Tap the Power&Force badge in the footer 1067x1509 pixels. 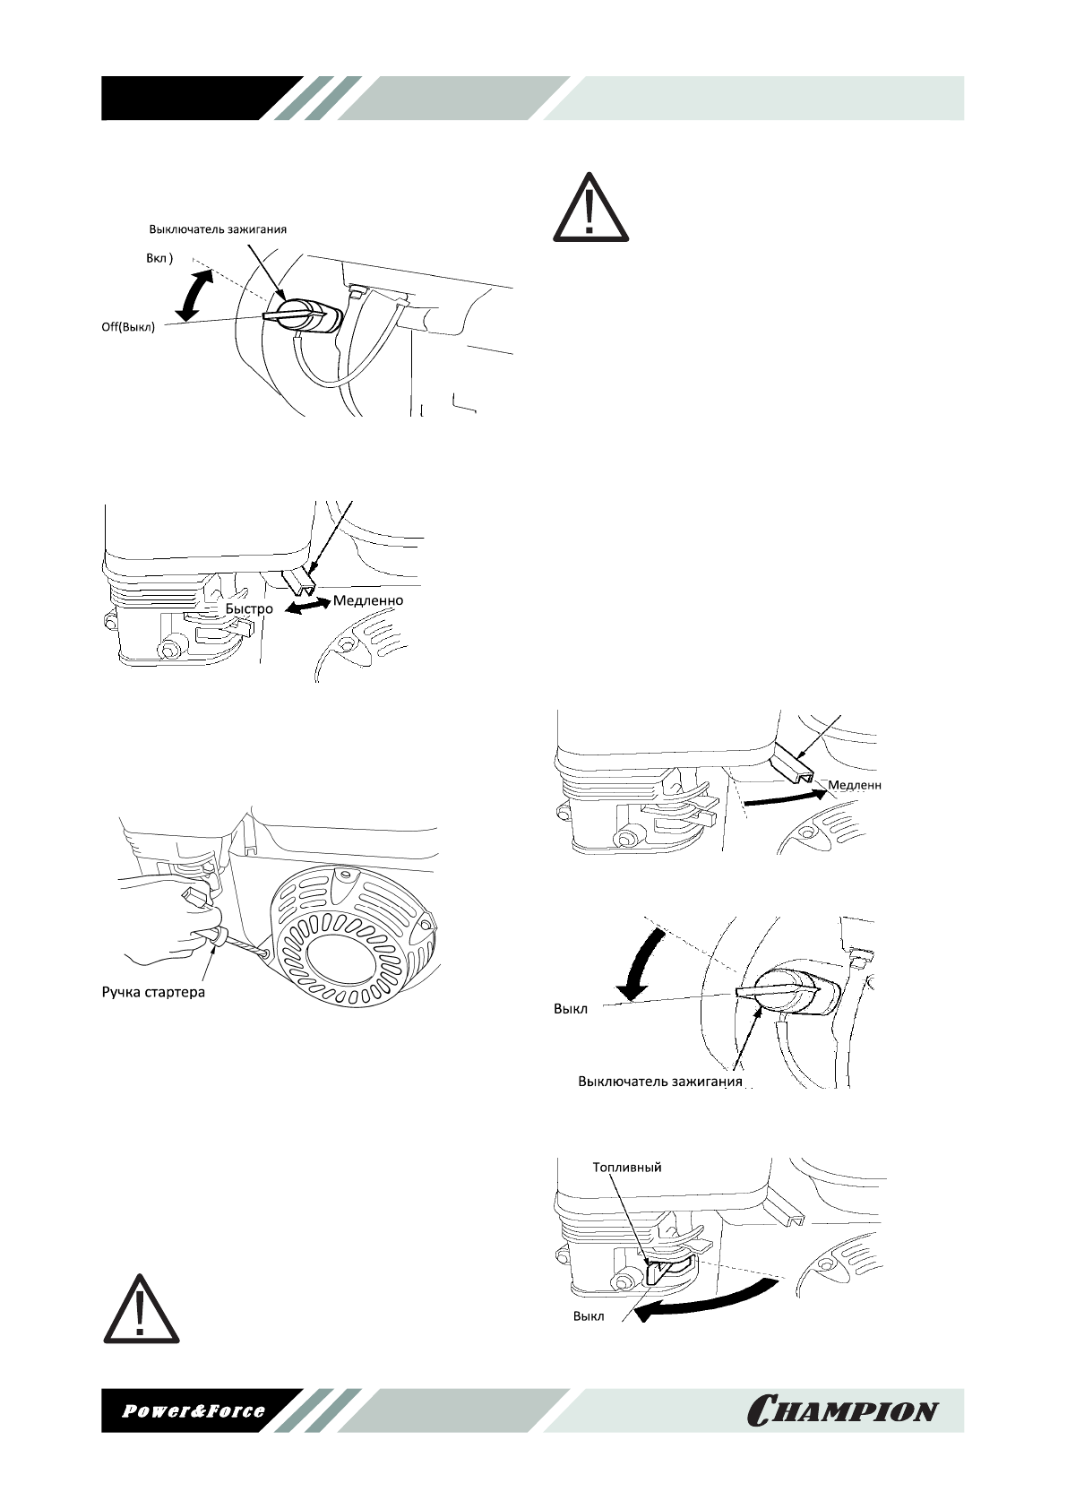194,1410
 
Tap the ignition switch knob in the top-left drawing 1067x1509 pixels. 301,315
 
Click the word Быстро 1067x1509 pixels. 249,608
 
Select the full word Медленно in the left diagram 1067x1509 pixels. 368,600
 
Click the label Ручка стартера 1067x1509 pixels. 151,992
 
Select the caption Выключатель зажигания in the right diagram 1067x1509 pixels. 660,1082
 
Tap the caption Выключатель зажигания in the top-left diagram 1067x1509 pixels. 218,229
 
